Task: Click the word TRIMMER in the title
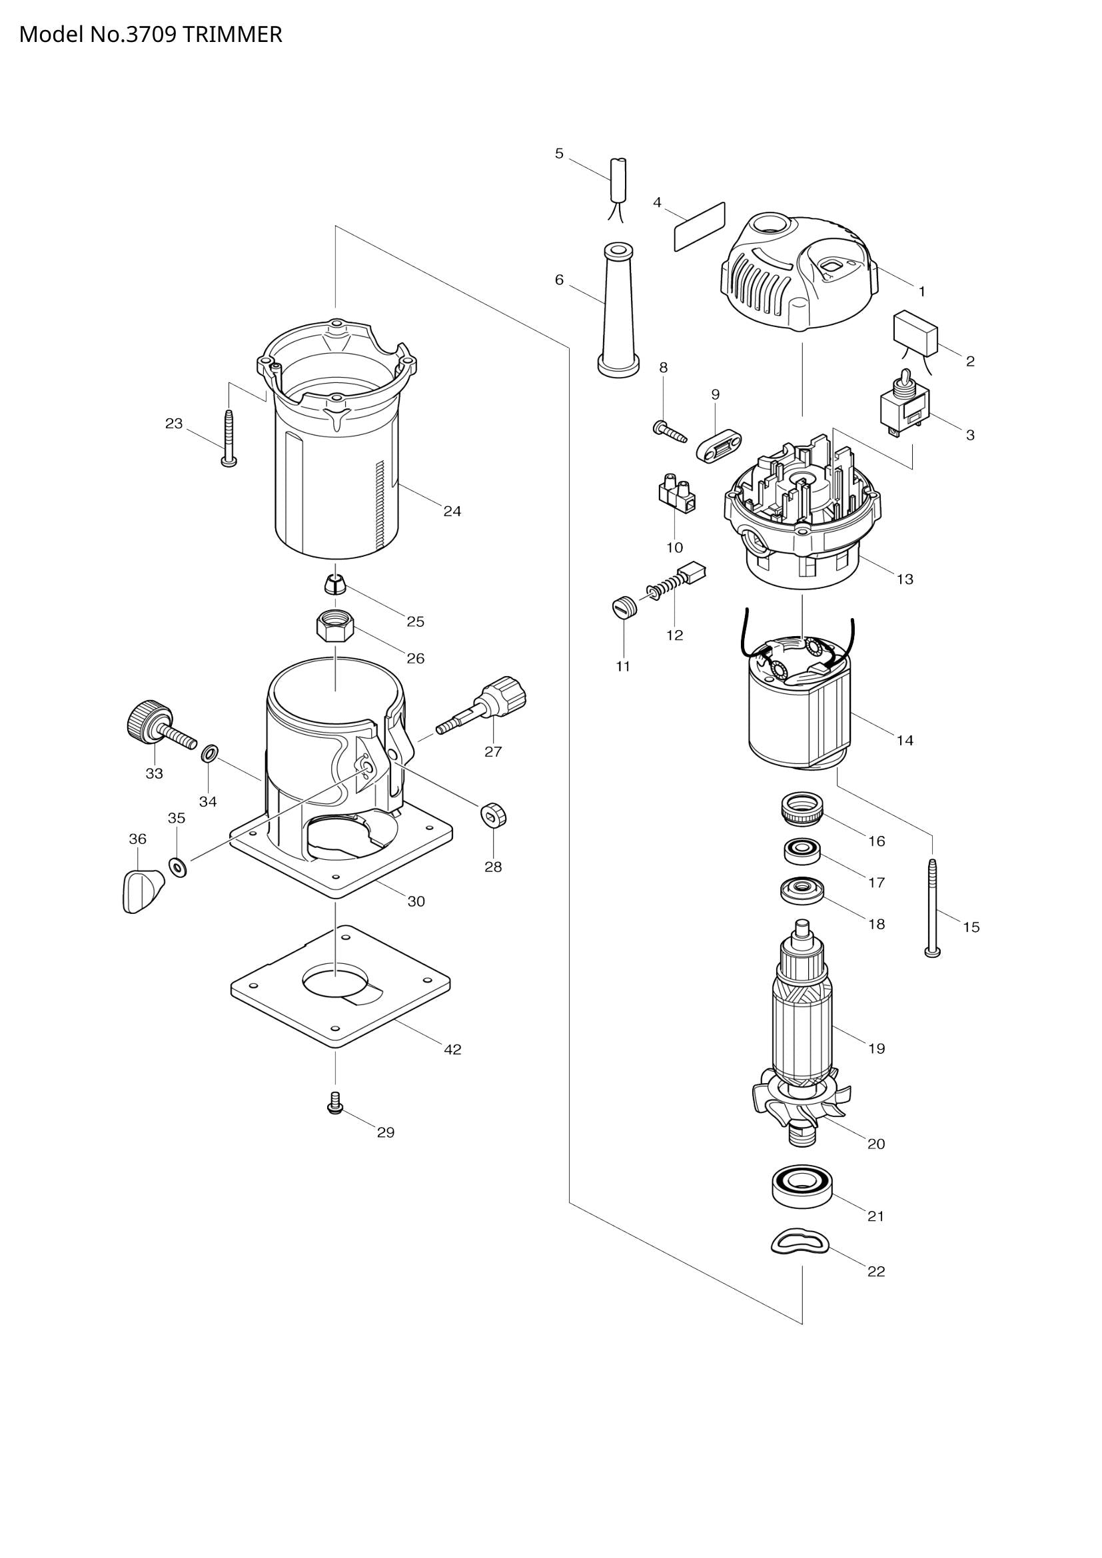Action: [x=232, y=34]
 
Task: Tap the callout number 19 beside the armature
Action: [x=876, y=1048]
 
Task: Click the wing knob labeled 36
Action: [x=143, y=891]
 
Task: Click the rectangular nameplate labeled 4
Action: [x=699, y=226]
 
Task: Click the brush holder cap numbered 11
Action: [x=622, y=605]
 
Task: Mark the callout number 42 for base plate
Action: [x=452, y=1050]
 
